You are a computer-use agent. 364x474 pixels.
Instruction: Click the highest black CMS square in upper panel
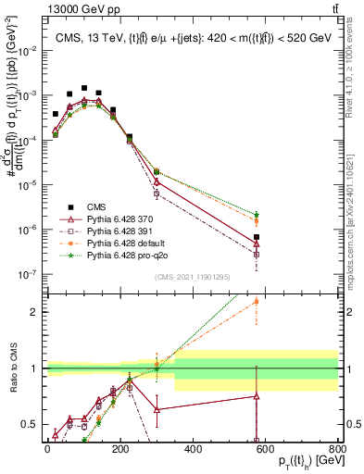click(84, 88)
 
